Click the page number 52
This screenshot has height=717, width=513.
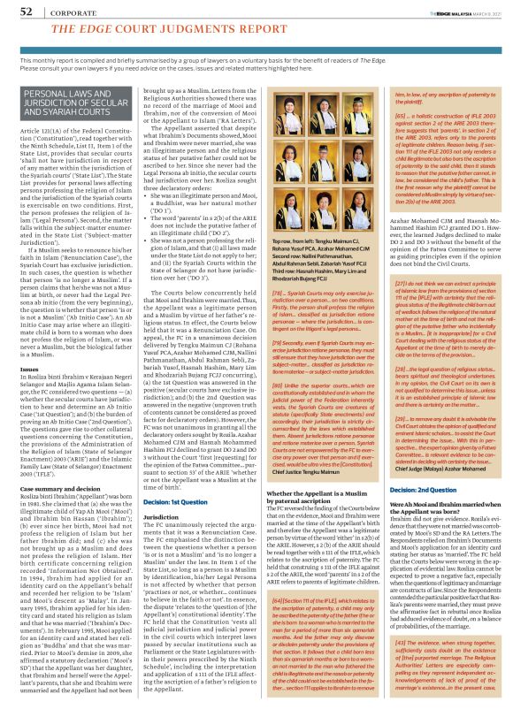16,11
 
